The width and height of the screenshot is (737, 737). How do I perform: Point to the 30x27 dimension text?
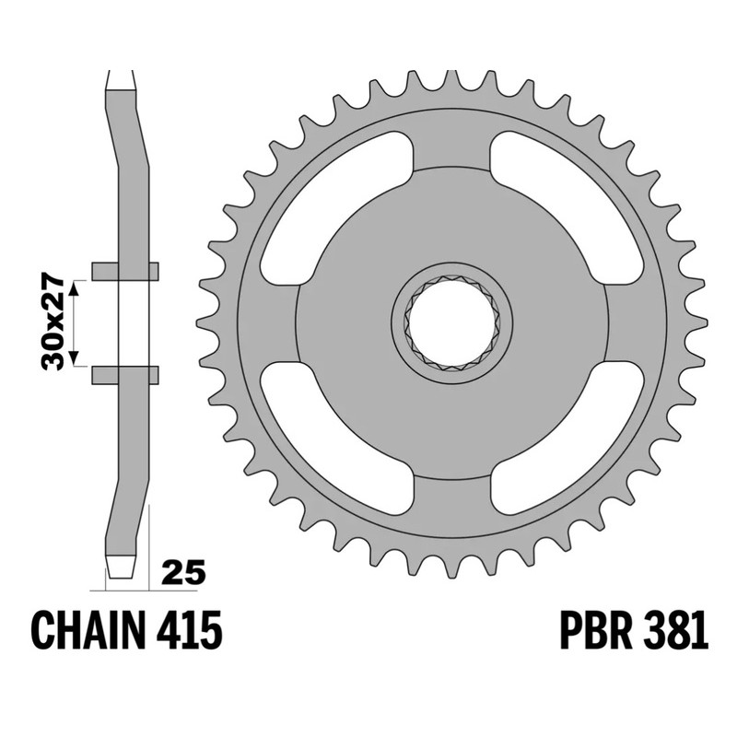coord(53,322)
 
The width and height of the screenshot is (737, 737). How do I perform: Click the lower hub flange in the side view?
coord(124,374)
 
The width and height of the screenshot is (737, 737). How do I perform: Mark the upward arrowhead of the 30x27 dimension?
coord(77,286)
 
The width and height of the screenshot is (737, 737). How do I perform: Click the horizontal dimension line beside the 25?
coord(120,588)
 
